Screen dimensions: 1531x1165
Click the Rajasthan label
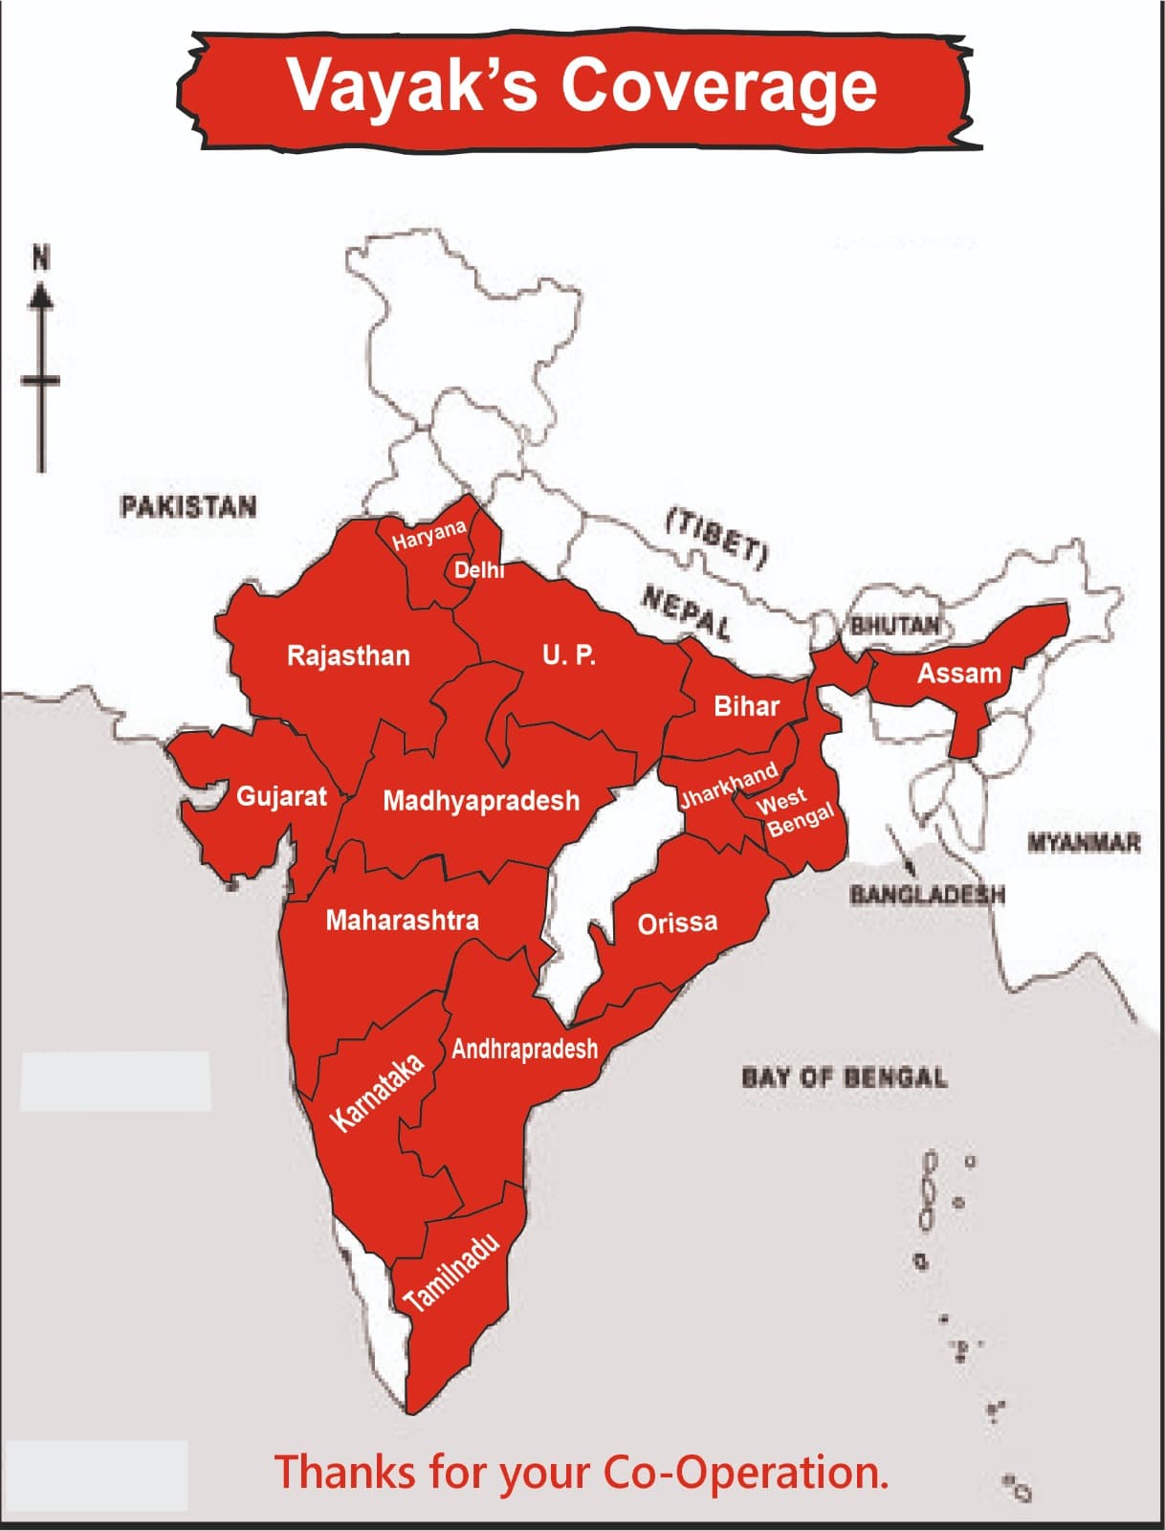(x=348, y=656)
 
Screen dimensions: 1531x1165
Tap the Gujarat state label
(x=281, y=796)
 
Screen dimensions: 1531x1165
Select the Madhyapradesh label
(x=481, y=801)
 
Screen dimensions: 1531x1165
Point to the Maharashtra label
(x=402, y=921)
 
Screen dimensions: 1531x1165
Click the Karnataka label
(x=377, y=1093)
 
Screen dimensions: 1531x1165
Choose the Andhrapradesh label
(x=524, y=1049)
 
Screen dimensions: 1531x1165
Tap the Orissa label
(x=677, y=923)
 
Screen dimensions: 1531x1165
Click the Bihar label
(x=746, y=707)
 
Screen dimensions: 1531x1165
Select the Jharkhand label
(x=728, y=787)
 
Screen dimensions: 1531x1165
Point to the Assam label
(x=958, y=674)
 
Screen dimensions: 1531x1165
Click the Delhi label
(x=478, y=570)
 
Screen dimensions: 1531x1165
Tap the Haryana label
(x=429, y=534)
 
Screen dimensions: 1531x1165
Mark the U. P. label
(x=568, y=655)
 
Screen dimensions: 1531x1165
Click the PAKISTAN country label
(x=188, y=506)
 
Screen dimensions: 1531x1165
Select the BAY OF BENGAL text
(x=845, y=1077)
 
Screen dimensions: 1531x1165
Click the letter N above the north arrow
(x=41, y=258)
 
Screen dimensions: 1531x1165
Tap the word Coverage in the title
(x=718, y=86)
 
